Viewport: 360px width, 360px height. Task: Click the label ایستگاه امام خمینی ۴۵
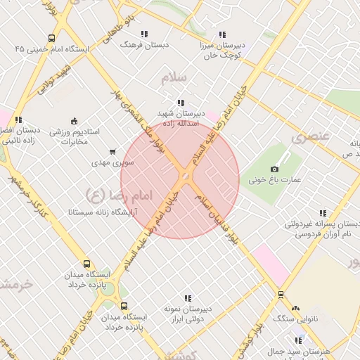click(53, 49)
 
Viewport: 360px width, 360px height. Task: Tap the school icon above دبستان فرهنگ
click(144, 34)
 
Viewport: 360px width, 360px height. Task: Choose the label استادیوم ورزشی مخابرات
click(69, 136)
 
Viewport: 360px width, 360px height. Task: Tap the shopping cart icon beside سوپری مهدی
click(112, 151)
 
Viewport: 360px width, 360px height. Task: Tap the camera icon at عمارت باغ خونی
click(274, 169)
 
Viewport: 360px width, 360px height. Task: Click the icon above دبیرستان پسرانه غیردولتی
click(323, 213)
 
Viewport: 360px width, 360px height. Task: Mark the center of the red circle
click(181, 180)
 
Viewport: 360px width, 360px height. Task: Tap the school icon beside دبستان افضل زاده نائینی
click(18, 120)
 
